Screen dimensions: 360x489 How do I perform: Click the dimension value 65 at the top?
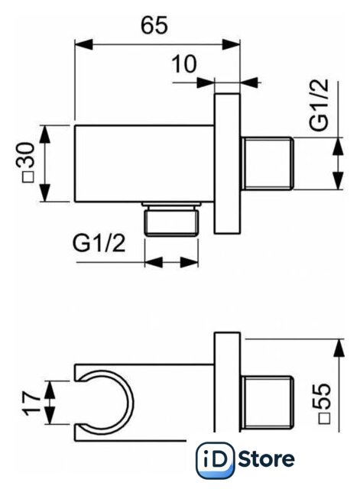[x=154, y=25]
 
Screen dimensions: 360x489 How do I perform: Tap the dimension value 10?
[x=184, y=64]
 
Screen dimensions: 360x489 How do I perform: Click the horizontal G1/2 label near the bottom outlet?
[x=99, y=243]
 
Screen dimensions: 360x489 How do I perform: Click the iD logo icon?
[x=216, y=460]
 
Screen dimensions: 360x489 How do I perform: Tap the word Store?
[x=267, y=459]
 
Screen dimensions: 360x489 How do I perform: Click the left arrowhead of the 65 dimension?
[x=83, y=44]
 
